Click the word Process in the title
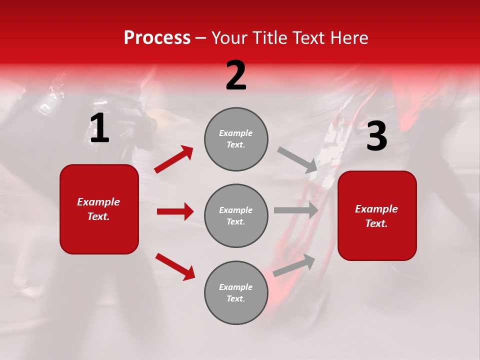(x=157, y=38)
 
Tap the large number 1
(x=99, y=128)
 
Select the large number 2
(x=236, y=75)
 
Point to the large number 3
(x=376, y=136)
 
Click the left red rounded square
(x=99, y=209)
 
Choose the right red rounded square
(x=377, y=215)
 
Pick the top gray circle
(x=236, y=139)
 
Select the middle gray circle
(x=236, y=215)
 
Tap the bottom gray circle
(x=236, y=292)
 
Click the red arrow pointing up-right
(x=173, y=159)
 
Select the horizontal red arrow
(x=175, y=211)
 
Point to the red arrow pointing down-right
(x=175, y=266)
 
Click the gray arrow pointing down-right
(x=297, y=160)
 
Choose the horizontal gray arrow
(x=296, y=210)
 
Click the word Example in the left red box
(x=98, y=202)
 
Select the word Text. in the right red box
(x=376, y=223)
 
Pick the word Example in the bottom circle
(x=236, y=287)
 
